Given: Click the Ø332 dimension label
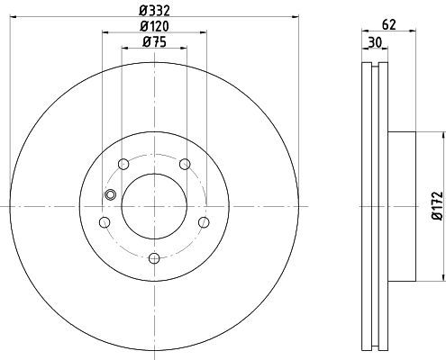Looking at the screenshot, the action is pos(154,11).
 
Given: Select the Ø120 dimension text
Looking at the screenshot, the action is pos(154,26).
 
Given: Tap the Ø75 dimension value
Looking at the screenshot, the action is pos(154,42).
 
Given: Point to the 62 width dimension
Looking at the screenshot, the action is pos(389,25).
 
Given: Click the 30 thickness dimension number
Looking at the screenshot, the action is pos(375,42).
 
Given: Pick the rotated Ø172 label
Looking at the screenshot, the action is pos(437,206).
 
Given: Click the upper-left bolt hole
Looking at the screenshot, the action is pos(123,164).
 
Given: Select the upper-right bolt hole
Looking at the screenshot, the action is pos(185,164).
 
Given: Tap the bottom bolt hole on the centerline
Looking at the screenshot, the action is pos(154,258).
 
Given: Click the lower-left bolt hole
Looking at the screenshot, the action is pos(105,222).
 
